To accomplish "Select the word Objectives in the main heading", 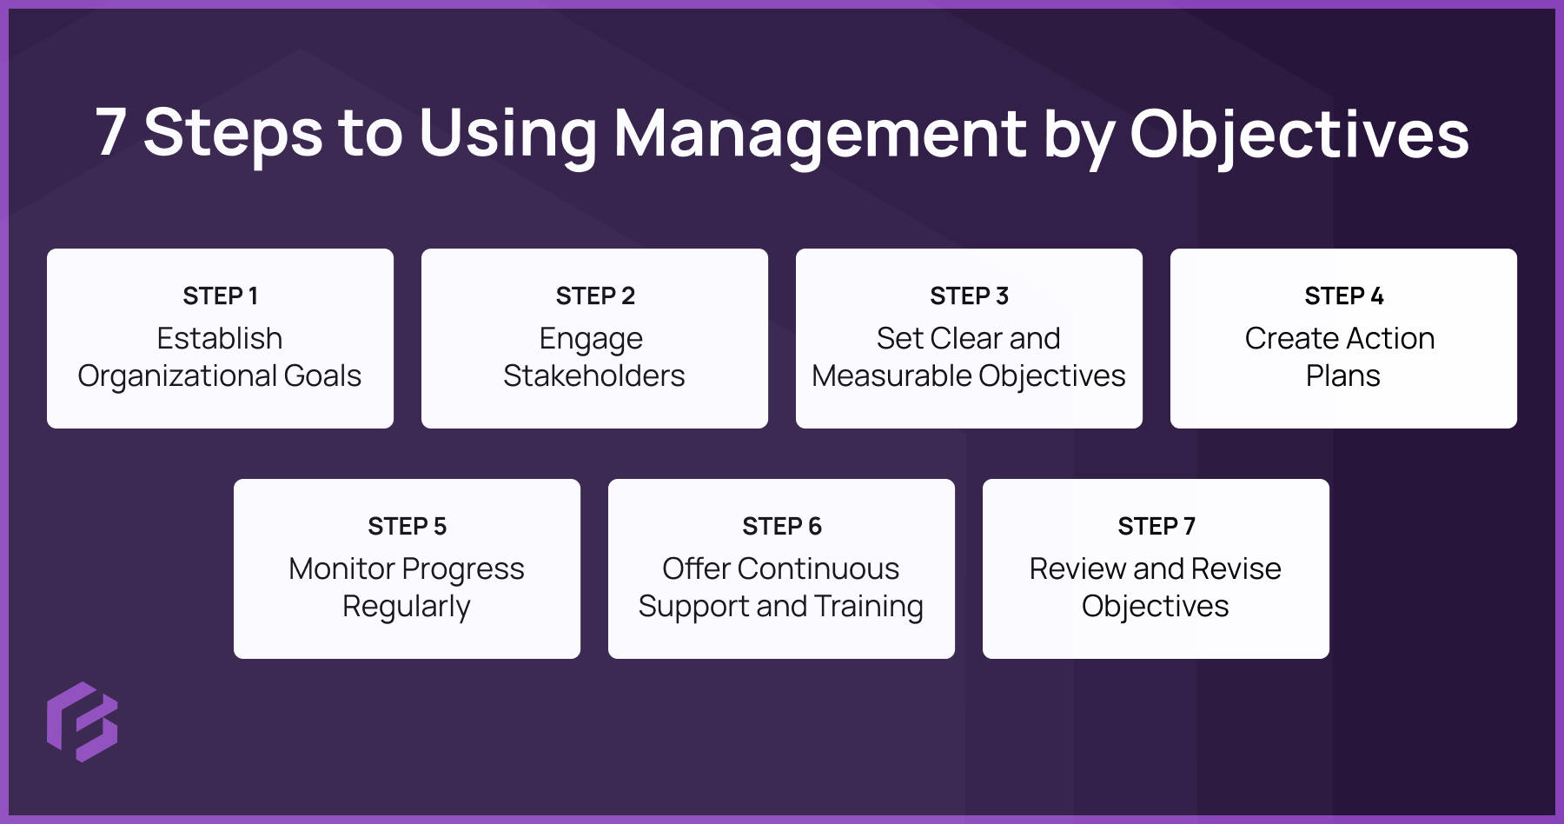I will coord(1298,135).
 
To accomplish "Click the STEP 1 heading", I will coord(220,296).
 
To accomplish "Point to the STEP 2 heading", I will coord(595,296).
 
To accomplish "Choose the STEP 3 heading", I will coord(969,296).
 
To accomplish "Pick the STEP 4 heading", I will coord(1343,296).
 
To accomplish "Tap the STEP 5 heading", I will coord(407,526).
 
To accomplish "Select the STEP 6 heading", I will coord(781,526).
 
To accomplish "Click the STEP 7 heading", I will coord(1156,526).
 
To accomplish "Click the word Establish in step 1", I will coord(220,338).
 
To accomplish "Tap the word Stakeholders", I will coord(594,375).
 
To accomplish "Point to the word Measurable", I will coord(887,375).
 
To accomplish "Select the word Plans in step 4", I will coord(1343,375).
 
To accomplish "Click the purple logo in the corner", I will coord(82,721).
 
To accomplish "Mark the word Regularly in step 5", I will coord(407,606).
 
